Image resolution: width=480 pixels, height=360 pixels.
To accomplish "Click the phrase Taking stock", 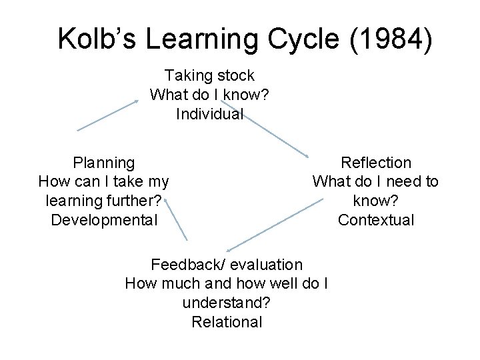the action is coord(209,75).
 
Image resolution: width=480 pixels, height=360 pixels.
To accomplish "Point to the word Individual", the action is coord(209,114).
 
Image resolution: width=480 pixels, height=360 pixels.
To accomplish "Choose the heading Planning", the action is coord(104,162).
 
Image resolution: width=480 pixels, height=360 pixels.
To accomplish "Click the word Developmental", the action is coord(104,219).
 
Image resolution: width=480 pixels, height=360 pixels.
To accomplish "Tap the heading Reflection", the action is coord(376,162).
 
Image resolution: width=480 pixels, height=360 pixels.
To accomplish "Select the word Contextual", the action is coord(376,219).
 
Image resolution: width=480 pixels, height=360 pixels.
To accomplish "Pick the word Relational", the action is coord(227,322).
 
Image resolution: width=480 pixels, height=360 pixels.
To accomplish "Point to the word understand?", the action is coord(225,303).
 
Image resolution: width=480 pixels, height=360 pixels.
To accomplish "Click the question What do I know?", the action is coord(209,95).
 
